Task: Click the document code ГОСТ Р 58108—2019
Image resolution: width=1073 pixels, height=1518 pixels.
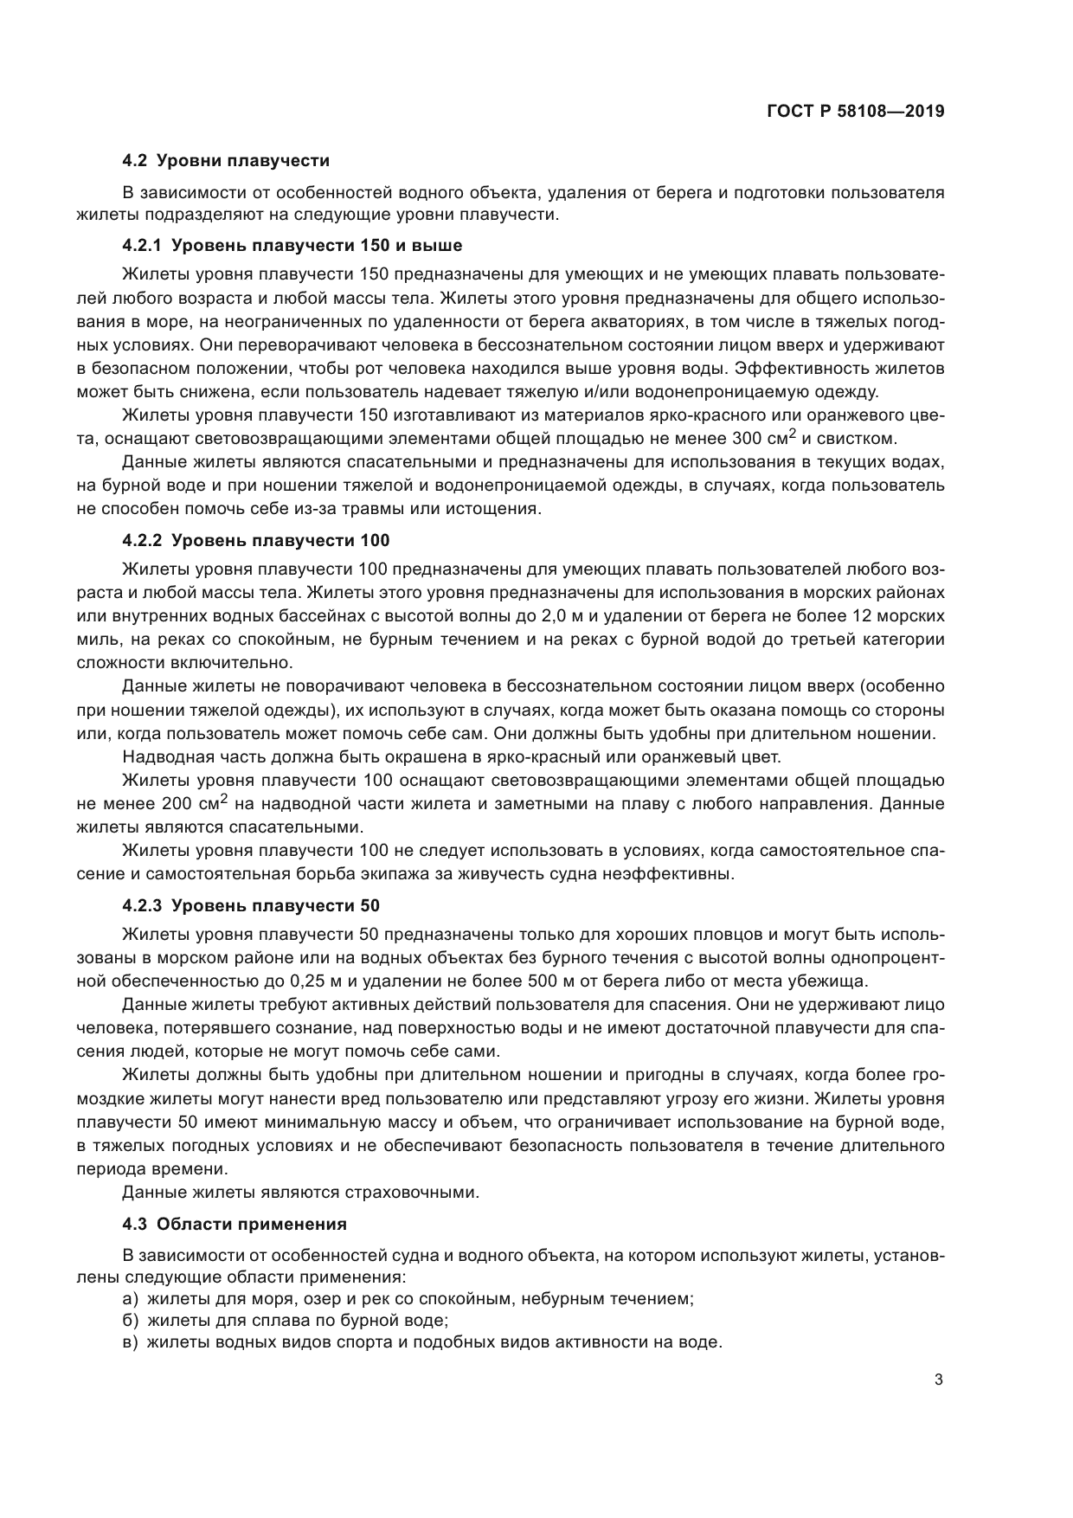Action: click(855, 112)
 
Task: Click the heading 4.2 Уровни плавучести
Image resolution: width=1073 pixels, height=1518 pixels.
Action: click(226, 160)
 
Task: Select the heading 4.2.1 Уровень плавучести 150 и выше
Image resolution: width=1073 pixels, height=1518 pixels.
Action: click(292, 245)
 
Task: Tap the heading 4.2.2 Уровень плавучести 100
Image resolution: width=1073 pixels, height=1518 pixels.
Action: click(256, 541)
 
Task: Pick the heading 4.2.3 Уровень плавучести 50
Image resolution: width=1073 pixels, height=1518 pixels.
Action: click(251, 906)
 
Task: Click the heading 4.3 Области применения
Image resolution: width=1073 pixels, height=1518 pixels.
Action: click(235, 1225)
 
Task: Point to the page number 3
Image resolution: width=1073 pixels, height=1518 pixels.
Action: click(939, 1380)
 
